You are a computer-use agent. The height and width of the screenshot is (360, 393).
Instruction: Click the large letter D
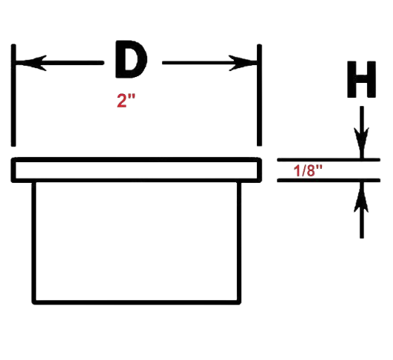(x=131, y=59)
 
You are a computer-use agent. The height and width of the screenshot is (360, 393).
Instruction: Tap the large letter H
(x=361, y=79)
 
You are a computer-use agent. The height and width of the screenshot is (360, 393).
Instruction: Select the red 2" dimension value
(x=126, y=101)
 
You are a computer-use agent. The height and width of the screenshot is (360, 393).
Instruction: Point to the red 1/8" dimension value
(x=308, y=171)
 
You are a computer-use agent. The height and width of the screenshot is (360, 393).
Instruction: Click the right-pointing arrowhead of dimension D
(x=243, y=63)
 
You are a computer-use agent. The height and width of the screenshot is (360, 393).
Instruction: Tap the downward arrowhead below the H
(x=361, y=142)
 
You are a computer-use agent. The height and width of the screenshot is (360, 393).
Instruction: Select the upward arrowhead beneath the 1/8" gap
(x=361, y=198)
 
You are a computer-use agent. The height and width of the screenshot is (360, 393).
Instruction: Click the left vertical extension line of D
(x=13, y=96)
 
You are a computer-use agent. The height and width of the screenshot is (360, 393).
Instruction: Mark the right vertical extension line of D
(x=260, y=95)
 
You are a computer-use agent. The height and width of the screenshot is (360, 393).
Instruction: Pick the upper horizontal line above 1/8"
(x=329, y=160)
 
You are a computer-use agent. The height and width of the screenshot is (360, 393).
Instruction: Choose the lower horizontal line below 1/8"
(x=329, y=181)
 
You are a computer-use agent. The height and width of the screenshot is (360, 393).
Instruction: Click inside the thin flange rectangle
(x=136, y=170)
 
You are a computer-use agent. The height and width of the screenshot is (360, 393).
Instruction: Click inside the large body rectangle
(x=137, y=241)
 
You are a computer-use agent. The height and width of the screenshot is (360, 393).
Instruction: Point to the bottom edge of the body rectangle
(x=137, y=302)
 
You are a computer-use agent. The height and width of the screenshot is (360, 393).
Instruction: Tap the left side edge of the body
(x=34, y=243)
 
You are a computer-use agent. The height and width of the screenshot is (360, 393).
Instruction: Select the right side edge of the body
(x=239, y=243)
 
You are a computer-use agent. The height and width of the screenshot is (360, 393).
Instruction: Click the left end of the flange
(x=13, y=170)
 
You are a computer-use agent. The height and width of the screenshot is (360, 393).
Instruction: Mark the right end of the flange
(x=260, y=170)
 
